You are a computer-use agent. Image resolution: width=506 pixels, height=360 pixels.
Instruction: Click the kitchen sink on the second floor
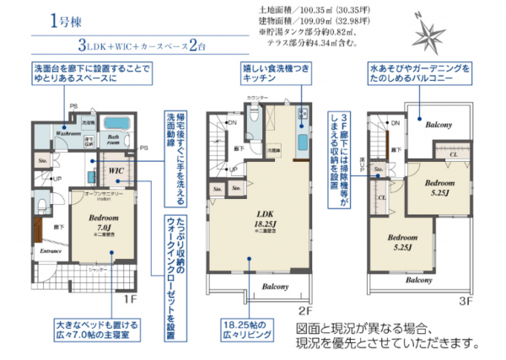pos(301,140)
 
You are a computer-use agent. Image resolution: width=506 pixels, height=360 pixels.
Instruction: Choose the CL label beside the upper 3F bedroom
pos(453,154)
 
